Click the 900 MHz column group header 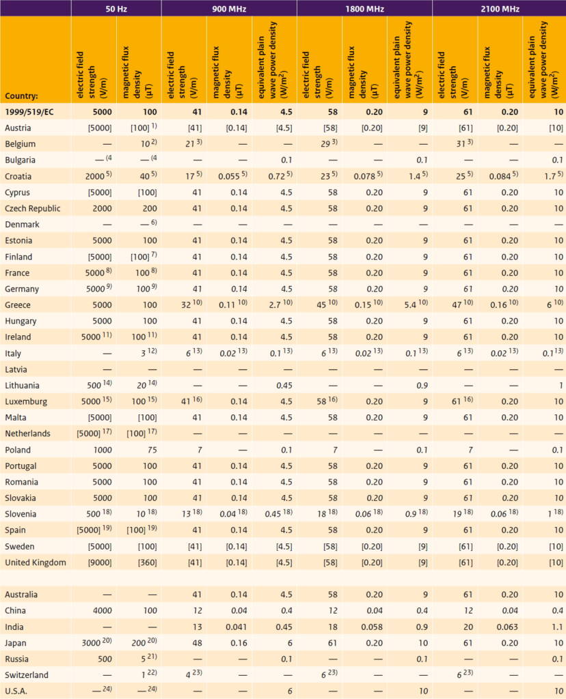(x=229, y=8)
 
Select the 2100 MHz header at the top (x=500, y=8)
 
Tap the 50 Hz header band (x=116, y=8)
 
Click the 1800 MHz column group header (x=364, y=8)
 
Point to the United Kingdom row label (x=36, y=562)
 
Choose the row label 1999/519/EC (x=29, y=112)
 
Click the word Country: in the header (x=21, y=96)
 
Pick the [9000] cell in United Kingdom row (x=100, y=562)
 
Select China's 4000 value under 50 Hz (x=103, y=611)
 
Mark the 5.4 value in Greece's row (x=409, y=305)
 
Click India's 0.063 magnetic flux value (x=507, y=627)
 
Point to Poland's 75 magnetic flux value (x=152, y=450)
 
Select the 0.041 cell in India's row (x=236, y=627)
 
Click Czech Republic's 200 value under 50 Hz (x=150, y=209)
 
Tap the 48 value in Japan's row (x=197, y=643)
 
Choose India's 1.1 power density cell (x=557, y=627)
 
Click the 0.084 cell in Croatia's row (x=500, y=177)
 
